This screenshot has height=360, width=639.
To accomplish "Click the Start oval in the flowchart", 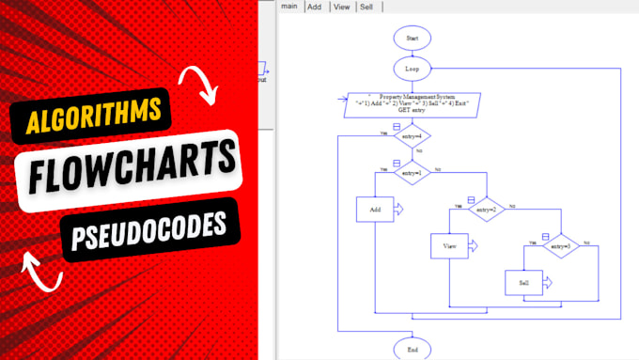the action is (413, 38).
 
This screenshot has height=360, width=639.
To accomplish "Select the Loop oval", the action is (413, 69).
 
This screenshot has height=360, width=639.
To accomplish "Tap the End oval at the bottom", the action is (413, 349).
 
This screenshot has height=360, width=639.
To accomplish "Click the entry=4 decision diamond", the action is (412, 137).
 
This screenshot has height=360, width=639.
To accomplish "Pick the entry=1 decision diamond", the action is (412, 172).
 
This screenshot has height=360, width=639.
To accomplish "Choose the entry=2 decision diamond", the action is (486, 209).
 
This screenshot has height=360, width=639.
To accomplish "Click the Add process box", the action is (375, 209).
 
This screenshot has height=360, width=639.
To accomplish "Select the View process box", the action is (449, 246).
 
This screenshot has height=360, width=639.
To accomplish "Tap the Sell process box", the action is (523, 282).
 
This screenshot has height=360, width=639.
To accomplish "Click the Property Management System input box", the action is (413, 102).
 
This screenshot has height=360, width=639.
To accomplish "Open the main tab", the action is (288, 7).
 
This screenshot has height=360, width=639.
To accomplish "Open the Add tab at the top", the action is (315, 7).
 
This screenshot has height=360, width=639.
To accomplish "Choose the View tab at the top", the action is (341, 7).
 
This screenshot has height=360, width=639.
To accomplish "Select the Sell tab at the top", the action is (367, 7).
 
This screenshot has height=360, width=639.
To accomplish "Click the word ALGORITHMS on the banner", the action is (91, 118).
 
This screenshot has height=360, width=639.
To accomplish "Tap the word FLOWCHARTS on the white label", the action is (125, 175).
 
